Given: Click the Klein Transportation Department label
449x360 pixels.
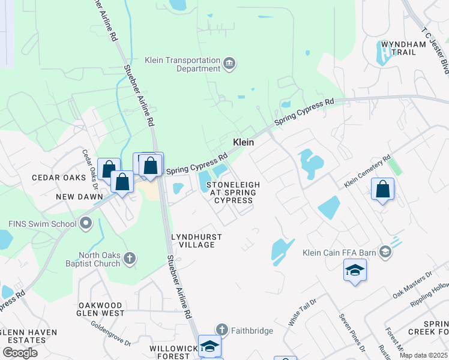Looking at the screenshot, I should click(182, 64).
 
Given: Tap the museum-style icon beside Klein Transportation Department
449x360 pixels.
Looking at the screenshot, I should click(229, 64).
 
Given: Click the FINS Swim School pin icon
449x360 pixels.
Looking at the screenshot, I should click(85, 224).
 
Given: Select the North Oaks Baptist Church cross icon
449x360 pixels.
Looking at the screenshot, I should click(129, 259).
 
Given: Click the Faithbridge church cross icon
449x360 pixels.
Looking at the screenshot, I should click(222, 330).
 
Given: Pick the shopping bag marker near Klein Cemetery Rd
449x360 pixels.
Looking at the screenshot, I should click(382, 190).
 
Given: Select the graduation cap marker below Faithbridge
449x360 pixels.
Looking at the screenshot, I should click(209, 346).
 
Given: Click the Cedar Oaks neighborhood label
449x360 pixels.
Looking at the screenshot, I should click(55, 178).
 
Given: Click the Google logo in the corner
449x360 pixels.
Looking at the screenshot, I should click(20, 353).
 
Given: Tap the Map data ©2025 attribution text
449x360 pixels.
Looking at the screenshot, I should click(423, 355).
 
